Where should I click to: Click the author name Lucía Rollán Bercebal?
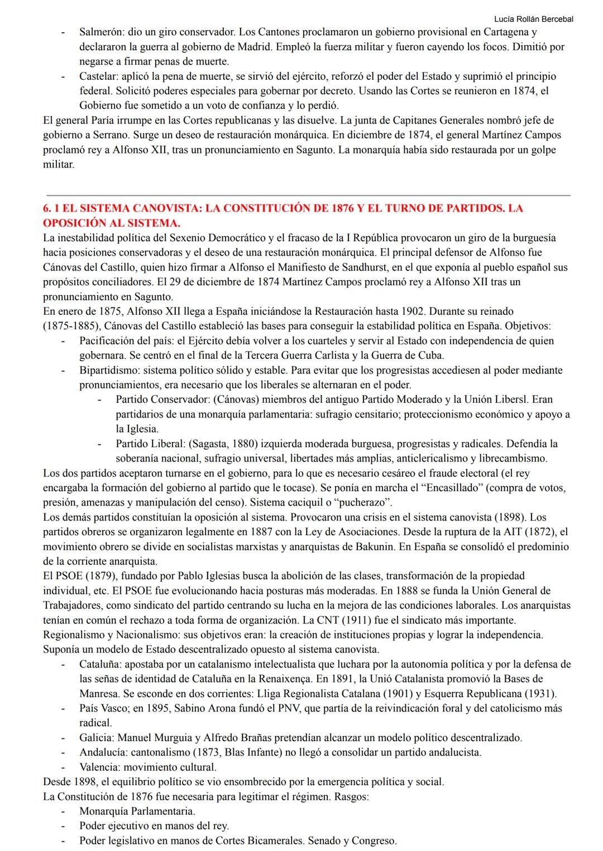point(533,19)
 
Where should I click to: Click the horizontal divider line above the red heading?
point(307,195)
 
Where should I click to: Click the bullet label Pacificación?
point(107,340)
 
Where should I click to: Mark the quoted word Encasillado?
point(456,488)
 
